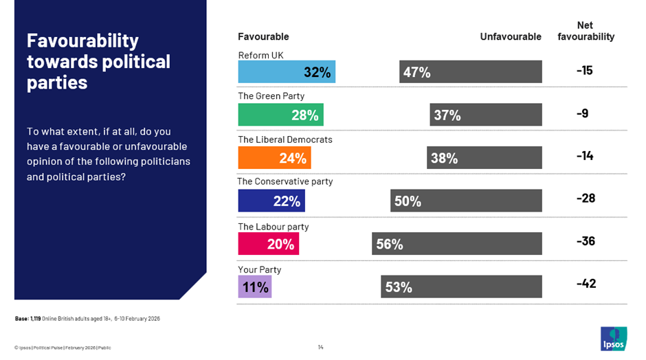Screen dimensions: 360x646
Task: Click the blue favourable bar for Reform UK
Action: click(x=286, y=72)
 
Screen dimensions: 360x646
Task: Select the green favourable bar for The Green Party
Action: click(x=280, y=115)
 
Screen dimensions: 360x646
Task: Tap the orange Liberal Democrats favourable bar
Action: click(x=274, y=158)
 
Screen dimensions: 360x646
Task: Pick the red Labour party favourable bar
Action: click(x=268, y=243)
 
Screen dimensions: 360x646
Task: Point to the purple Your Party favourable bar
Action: click(x=254, y=286)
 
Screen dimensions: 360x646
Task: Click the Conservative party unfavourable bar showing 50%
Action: click(x=466, y=201)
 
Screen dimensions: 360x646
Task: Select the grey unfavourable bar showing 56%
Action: click(x=456, y=243)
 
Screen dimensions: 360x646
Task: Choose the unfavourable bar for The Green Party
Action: click(x=486, y=115)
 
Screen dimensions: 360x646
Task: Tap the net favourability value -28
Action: click(x=586, y=199)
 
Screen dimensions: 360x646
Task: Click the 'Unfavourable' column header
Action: click(x=510, y=36)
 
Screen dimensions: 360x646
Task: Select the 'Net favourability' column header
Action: click(x=586, y=31)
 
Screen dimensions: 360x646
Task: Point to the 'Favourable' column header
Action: click(x=263, y=36)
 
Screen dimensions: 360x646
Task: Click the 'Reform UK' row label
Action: click(x=260, y=55)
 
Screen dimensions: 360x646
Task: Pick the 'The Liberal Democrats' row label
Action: click(x=285, y=139)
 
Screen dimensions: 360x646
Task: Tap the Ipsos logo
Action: click(x=613, y=338)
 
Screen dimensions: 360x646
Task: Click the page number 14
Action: click(x=321, y=347)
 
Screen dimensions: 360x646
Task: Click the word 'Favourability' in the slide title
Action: click(x=82, y=41)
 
